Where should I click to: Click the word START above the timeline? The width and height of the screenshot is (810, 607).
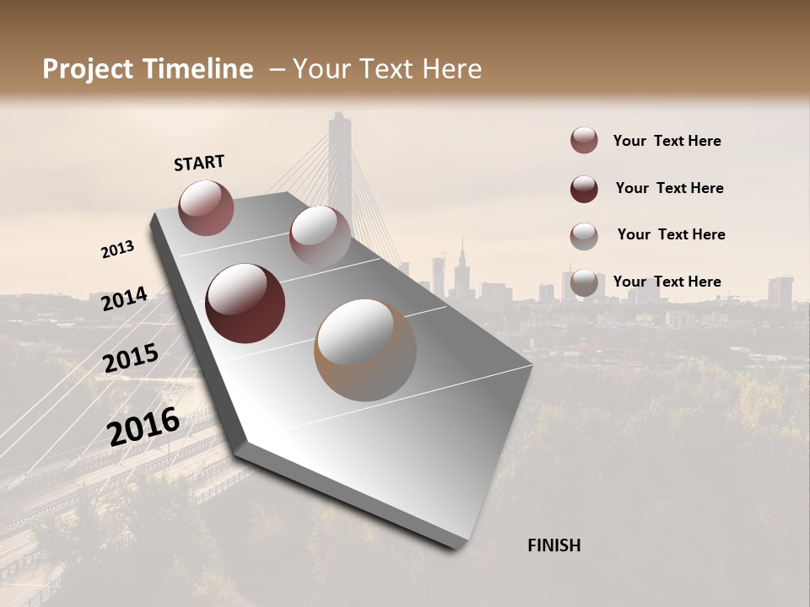199,163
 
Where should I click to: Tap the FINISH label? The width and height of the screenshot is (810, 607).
553,545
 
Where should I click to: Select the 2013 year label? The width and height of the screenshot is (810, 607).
117,250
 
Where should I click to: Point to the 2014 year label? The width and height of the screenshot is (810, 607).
124,299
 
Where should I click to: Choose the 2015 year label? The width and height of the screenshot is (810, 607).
131,358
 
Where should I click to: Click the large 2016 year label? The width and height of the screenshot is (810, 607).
143,427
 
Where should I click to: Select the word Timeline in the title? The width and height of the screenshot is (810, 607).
197,69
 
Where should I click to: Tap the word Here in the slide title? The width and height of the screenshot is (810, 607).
451,69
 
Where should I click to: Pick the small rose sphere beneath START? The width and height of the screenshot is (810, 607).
206,207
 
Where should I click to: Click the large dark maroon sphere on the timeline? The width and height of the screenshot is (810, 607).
245,303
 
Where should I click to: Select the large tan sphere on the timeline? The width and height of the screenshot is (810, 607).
364,350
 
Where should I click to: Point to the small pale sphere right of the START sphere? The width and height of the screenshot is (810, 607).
319,236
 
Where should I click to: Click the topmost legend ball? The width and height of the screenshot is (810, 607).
584,141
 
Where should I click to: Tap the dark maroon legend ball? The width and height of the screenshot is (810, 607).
584,189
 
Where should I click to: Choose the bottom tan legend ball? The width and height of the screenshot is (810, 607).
584,283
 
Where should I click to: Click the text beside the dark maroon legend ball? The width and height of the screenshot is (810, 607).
669,188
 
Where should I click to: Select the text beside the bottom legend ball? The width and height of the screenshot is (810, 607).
667,282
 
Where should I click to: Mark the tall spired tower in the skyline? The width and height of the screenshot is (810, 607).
462,270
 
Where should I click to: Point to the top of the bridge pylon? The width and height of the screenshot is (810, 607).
339,118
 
